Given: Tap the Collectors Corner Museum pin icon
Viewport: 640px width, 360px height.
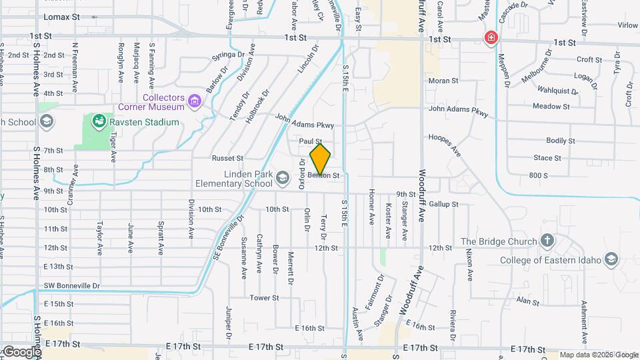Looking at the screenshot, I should [x=195, y=101].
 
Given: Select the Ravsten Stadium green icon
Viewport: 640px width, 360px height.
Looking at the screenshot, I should [x=99, y=122].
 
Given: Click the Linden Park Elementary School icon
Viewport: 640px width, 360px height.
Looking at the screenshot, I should [x=283, y=177].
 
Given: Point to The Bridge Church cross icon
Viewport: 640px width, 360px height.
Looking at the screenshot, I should [x=547, y=241].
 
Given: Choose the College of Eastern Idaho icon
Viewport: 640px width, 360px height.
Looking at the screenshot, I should [x=610, y=259].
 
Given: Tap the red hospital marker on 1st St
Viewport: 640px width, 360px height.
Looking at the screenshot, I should [x=491, y=38].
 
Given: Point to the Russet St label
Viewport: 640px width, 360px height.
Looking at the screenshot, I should [x=227, y=159].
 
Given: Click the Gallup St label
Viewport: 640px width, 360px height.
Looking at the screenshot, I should [x=444, y=204].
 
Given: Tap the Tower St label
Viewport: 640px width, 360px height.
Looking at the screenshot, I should [x=264, y=297].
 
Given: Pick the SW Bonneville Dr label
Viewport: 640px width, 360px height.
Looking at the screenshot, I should [x=71, y=285].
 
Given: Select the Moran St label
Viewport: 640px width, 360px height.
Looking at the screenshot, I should [x=443, y=81].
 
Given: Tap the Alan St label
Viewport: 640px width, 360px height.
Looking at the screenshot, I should [x=527, y=301].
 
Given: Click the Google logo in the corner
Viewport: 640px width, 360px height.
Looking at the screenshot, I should [x=21, y=351].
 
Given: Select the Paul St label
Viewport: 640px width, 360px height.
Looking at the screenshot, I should [x=310, y=141].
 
